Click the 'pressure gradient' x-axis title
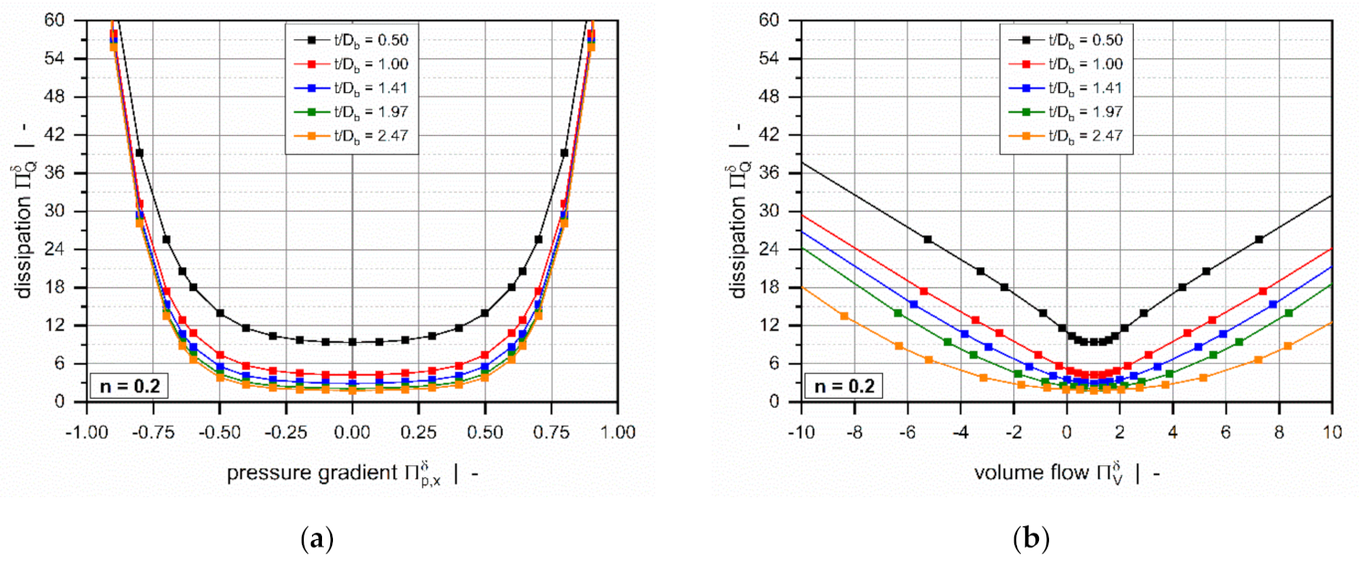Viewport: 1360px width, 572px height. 315,473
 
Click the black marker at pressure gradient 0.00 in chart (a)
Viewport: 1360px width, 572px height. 352,342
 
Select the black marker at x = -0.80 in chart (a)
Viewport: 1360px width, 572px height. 140,153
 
